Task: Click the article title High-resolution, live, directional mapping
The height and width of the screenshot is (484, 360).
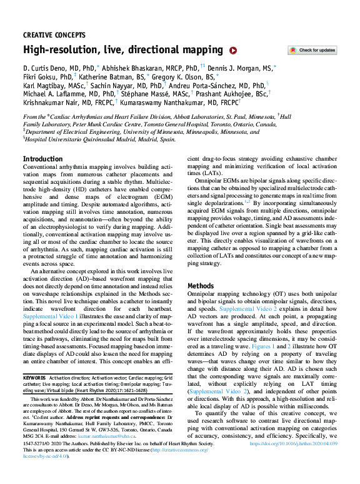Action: click(122, 50)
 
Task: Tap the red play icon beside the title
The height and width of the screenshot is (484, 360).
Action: click(233, 51)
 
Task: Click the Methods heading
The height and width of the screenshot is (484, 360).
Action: click(201, 286)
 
